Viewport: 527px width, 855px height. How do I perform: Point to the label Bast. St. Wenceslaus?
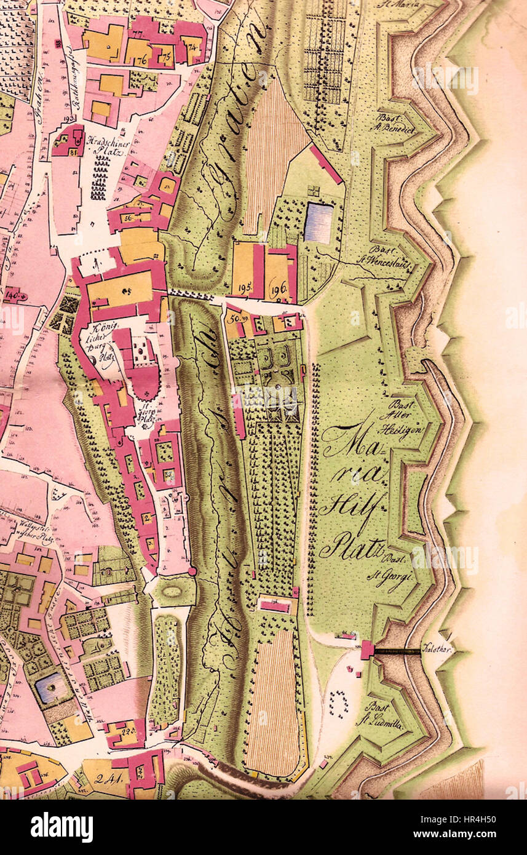tap(392, 255)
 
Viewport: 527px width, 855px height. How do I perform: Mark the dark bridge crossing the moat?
tap(398, 650)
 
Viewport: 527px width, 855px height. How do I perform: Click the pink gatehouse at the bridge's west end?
tap(367, 650)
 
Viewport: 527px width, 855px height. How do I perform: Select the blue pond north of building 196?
tap(319, 222)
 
